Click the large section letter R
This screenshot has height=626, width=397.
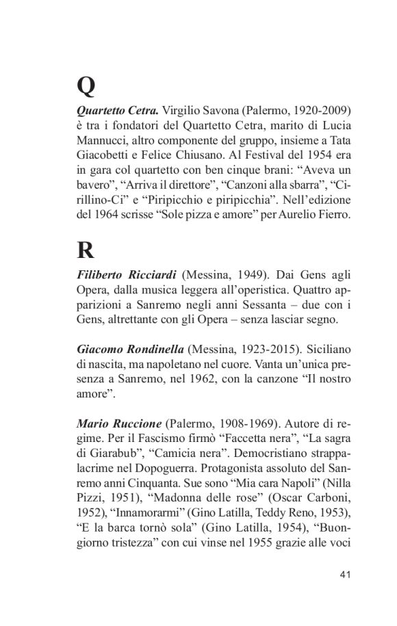[x=86, y=250]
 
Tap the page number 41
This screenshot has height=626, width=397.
[x=345, y=573]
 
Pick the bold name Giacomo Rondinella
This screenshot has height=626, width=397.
[x=129, y=348]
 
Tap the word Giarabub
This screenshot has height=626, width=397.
[x=114, y=452]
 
